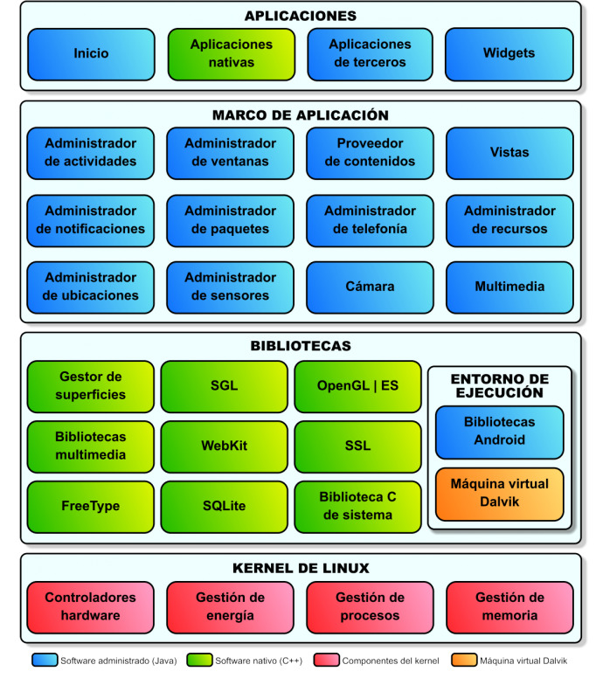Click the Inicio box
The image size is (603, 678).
tap(91, 54)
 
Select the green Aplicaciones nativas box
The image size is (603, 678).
tap(231, 54)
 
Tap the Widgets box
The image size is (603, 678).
tap(509, 54)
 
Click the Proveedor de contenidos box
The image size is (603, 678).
tap(370, 153)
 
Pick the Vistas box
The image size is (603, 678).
tap(509, 153)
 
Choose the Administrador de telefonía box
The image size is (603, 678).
tap(370, 220)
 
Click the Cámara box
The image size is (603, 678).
tap(370, 287)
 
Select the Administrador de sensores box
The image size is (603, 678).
tap(231, 287)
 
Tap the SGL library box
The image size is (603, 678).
tap(224, 386)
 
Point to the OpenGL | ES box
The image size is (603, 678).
tap(357, 386)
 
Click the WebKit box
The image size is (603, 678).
tap(224, 446)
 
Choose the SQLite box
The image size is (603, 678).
tap(224, 507)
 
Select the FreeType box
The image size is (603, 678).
tap(91, 507)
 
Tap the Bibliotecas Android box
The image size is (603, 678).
tap(499, 432)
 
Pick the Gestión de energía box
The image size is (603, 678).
tap(231, 607)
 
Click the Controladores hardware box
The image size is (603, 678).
tap(91, 607)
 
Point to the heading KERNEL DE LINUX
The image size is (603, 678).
tap(301, 568)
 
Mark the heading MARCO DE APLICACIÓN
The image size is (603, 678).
tap(301, 115)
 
